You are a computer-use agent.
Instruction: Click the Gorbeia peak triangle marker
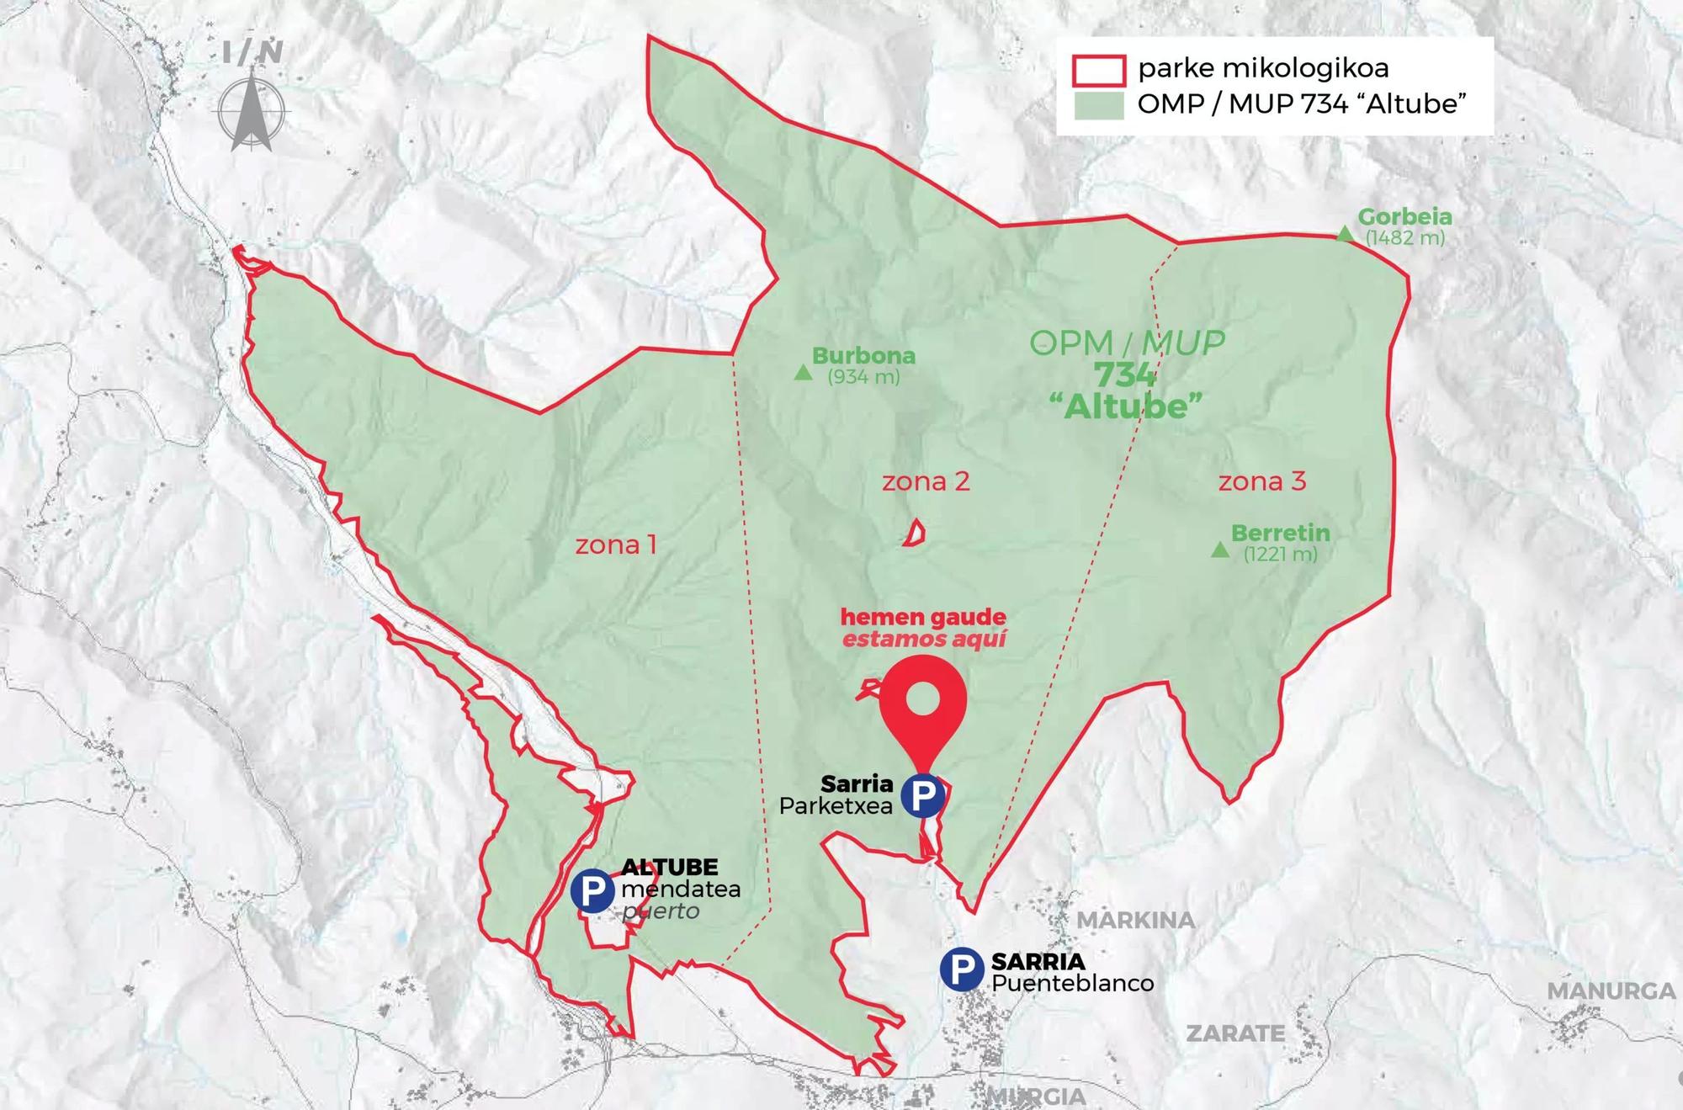[1345, 234]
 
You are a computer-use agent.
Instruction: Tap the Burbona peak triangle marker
[803, 373]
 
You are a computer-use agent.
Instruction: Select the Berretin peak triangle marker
[1219, 550]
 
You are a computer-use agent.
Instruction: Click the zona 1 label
[616, 545]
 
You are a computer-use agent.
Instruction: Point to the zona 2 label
[926, 482]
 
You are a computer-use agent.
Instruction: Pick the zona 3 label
[1262, 482]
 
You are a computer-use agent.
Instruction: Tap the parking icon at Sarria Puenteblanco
[962, 969]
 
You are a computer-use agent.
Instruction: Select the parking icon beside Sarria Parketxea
[922, 795]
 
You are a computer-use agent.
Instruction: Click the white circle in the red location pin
[923, 698]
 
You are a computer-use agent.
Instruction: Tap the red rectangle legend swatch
[1099, 71]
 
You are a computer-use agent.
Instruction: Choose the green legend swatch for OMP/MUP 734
[1099, 105]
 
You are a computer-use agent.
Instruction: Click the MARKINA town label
[1136, 921]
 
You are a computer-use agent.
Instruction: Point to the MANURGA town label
[1611, 991]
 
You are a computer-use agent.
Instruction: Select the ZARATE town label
[1235, 1033]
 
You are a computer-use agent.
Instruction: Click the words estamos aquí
[924, 640]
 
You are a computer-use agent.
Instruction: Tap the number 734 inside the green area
[1125, 375]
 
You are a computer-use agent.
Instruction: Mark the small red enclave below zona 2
[916, 533]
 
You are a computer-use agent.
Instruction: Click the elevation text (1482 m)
[1404, 238]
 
